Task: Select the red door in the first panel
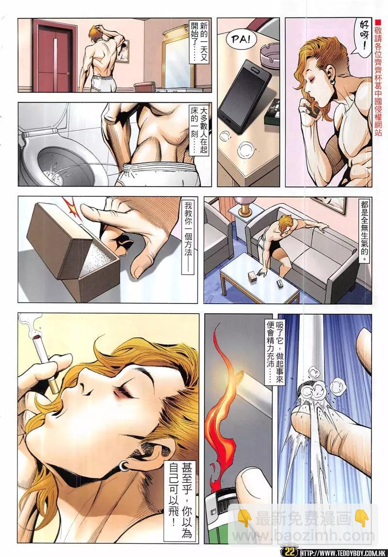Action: pyautogui.click(x=54, y=55)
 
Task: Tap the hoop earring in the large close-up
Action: pyautogui.click(x=123, y=466)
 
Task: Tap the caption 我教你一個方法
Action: pyautogui.click(x=188, y=238)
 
